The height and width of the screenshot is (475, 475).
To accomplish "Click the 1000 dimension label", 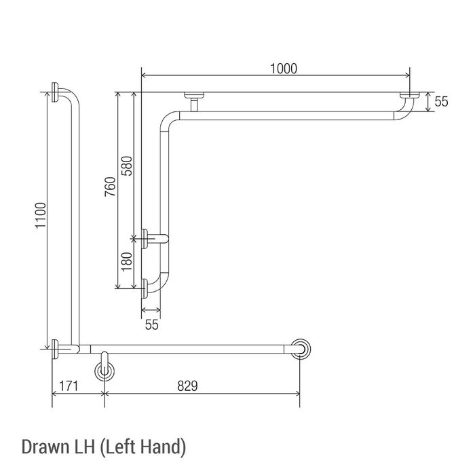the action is [x=284, y=69].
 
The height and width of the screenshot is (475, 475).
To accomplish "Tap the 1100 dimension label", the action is [x=41, y=215].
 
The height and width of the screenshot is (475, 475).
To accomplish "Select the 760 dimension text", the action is [x=111, y=187].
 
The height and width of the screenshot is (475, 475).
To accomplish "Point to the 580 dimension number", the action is [x=127, y=166].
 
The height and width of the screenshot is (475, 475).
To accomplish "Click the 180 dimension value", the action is [x=127, y=262].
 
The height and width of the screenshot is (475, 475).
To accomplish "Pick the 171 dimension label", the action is [x=69, y=386].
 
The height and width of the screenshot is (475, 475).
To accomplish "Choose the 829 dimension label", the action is [x=187, y=386].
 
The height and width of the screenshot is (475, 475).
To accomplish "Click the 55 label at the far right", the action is [x=441, y=102].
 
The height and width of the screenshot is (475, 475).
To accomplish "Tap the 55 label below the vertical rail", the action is [x=152, y=325].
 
